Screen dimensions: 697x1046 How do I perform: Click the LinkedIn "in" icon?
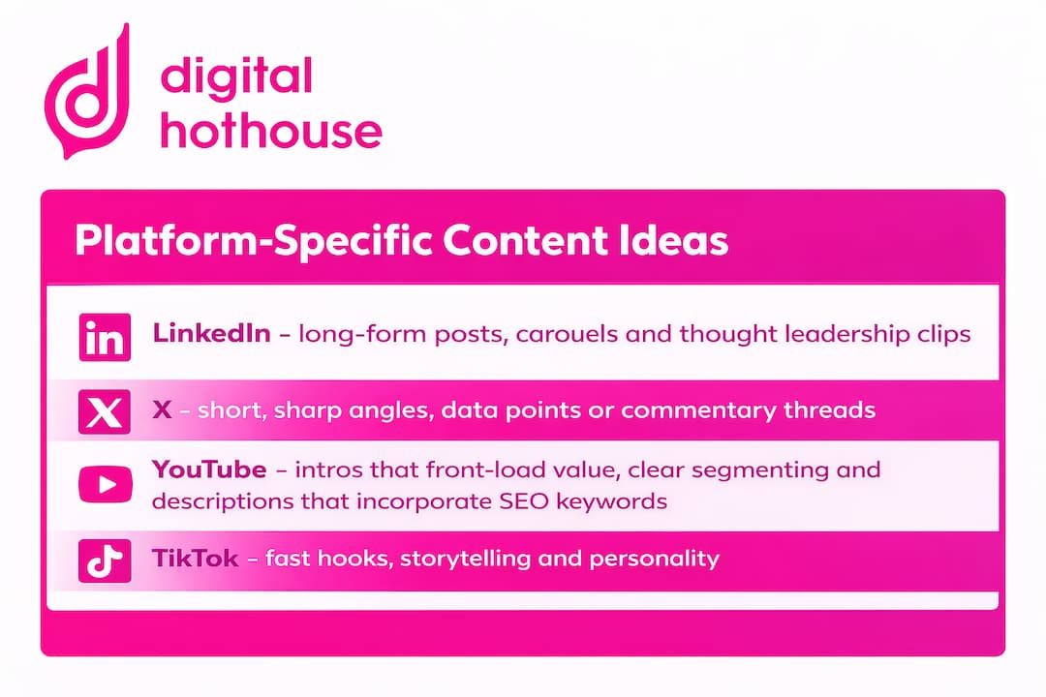coord(104,337)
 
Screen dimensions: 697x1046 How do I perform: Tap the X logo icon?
coord(104,410)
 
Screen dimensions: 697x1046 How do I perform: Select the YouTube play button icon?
coord(104,485)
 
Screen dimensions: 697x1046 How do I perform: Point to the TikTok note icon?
coord(104,560)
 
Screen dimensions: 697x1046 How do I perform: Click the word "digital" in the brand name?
coord(236,76)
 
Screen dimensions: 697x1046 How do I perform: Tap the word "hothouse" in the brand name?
coord(271,129)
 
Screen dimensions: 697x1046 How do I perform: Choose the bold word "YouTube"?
coord(209,470)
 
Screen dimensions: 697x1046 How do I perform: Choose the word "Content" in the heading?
coord(508,241)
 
